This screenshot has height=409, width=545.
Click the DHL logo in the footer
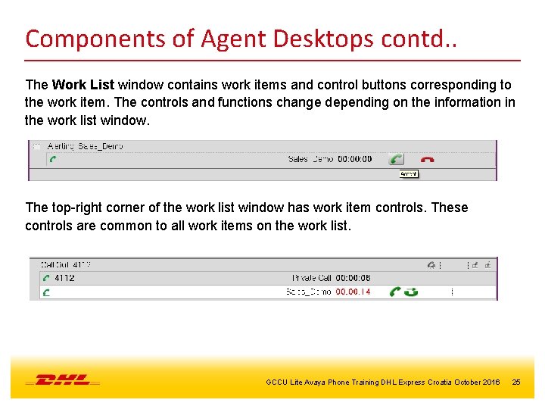click(63, 379)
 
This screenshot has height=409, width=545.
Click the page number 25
click(516, 382)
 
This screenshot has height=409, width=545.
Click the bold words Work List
click(83, 85)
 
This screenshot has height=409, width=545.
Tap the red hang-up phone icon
click(428, 160)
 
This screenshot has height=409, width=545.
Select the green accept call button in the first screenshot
click(396, 159)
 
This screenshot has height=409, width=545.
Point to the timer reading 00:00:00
click(354, 159)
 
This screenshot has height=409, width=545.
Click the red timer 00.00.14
click(353, 292)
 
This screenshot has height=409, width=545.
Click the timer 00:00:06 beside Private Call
click(353, 278)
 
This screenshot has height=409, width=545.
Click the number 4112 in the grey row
click(64, 278)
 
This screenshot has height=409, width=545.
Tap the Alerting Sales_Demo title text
click(86, 146)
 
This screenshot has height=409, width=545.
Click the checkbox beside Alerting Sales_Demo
click(36, 146)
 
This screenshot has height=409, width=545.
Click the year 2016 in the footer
click(490, 382)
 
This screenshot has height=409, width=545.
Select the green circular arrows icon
click(411, 292)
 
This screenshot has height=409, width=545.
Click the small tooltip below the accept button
click(409, 173)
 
